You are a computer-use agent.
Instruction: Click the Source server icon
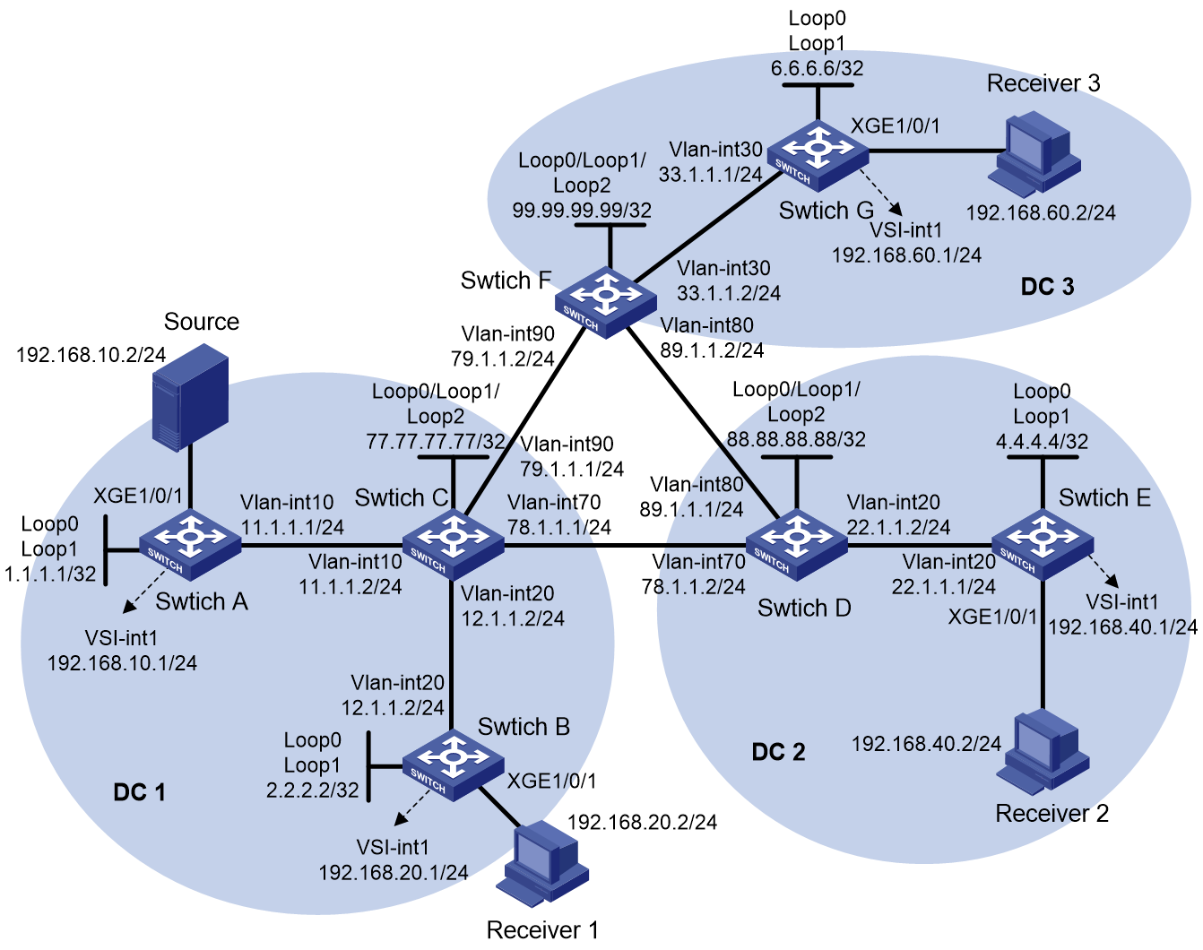pyautogui.click(x=191, y=397)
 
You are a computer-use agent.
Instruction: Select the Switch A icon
pyautogui.click(x=190, y=545)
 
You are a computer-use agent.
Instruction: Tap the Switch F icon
pyautogui.click(x=605, y=302)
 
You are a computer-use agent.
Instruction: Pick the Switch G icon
pyautogui.click(x=818, y=156)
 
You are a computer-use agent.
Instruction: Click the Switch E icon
pyautogui.click(x=1043, y=545)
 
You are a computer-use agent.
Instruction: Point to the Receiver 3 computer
pyautogui.click(x=1034, y=154)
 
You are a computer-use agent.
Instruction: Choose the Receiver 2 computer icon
pyautogui.click(x=1043, y=752)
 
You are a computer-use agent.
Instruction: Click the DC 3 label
pyautogui.click(x=1047, y=287)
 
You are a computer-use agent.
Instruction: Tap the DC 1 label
pyautogui.click(x=139, y=792)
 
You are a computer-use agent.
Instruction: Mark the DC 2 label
pyautogui.click(x=778, y=752)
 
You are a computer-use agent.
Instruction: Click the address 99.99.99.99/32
pyautogui.click(x=582, y=210)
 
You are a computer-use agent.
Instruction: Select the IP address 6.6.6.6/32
pyautogui.click(x=818, y=68)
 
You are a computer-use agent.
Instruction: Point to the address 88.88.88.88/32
pyautogui.click(x=796, y=439)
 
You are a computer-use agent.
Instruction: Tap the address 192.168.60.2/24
pyautogui.click(x=1041, y=213)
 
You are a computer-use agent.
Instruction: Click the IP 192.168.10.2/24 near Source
pyautogui.click(x=91, y=355)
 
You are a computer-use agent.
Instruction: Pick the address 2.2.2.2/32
pyautogui.click(x=313, y=790)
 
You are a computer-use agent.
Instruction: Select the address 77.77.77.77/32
pyautogui.click(x=436, y=442)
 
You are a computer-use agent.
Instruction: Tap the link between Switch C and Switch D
pyautogui.click(x=626, y=545)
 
